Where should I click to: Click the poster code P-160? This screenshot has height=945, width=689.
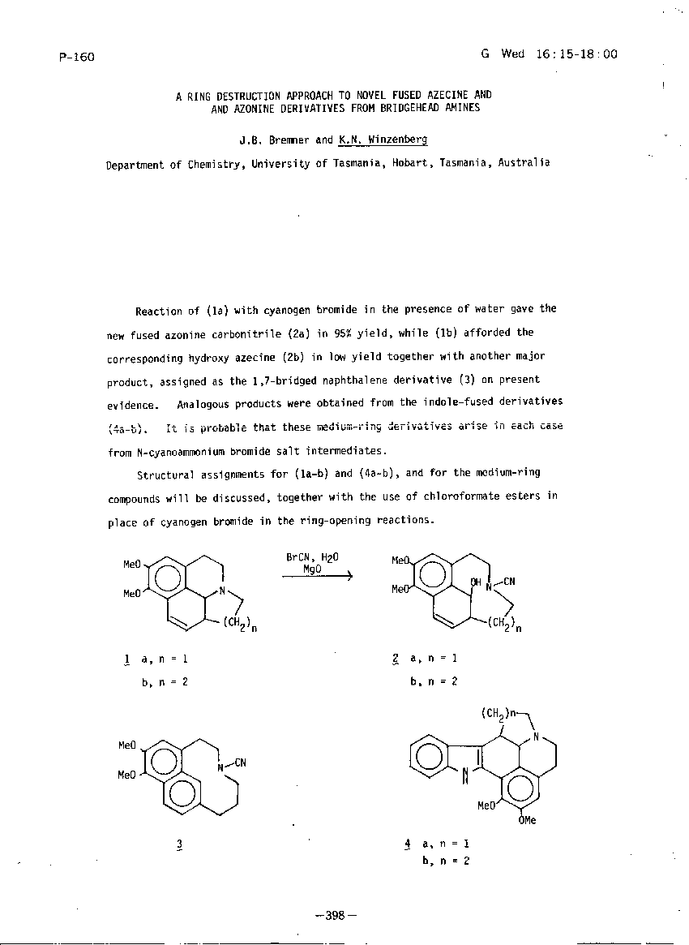[x=77, y=57]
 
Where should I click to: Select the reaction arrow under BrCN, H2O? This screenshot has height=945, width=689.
[x=317, y=576]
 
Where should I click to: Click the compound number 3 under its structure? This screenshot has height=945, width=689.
[x=178, y=844]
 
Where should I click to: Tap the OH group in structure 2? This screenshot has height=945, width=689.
[x=476, y=582]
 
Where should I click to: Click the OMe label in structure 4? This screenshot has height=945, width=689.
[x=527, y=820]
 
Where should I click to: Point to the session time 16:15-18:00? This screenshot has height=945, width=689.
[x=576, y=54]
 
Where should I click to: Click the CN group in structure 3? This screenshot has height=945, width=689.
[x=241, y=762]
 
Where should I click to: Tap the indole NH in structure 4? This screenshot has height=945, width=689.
[x=465, y=776]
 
